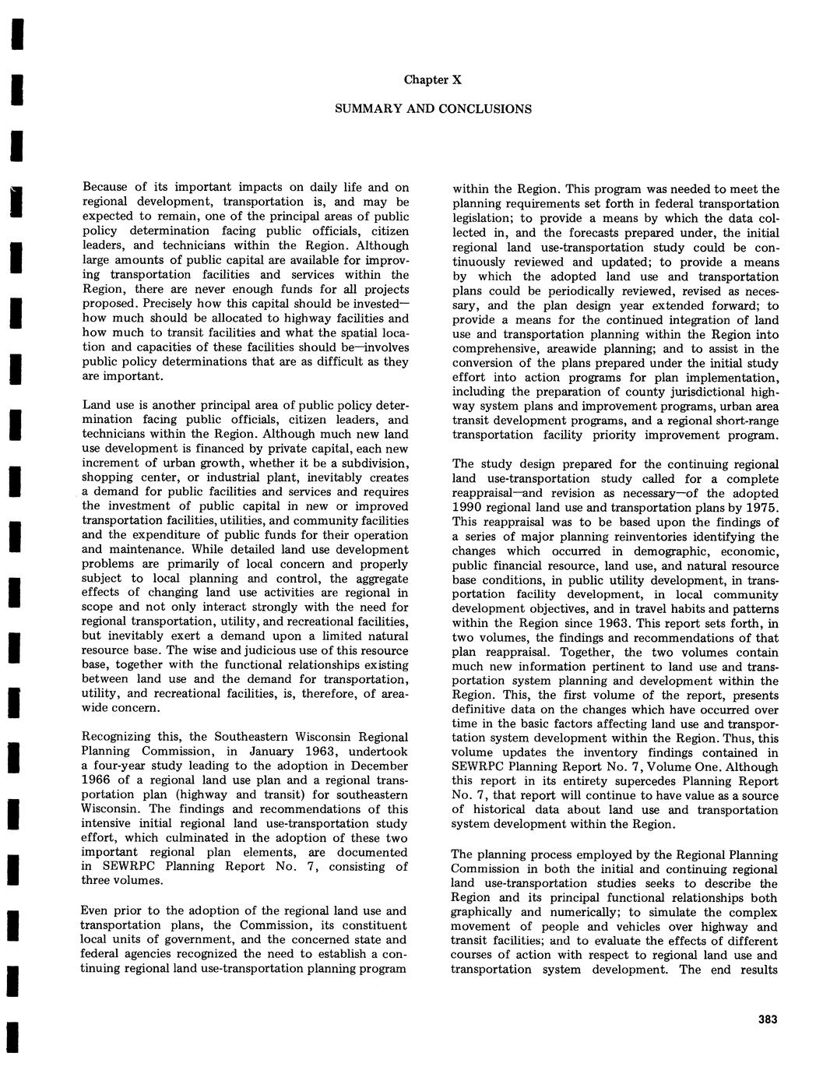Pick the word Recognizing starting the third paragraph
click(115, 737)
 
